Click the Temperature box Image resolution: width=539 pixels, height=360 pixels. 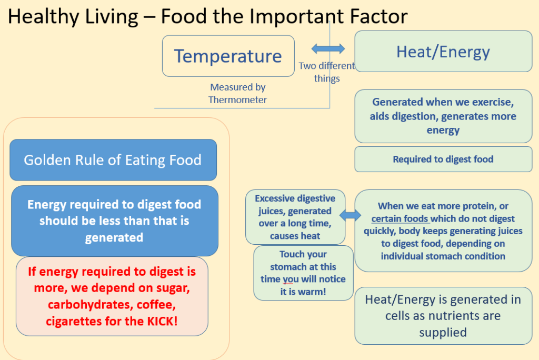point(228,56)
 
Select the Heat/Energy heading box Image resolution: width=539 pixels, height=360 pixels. point(443,51)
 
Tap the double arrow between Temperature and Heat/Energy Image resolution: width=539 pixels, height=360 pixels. point(328,48)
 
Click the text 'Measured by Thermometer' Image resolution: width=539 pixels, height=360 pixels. point(237,94)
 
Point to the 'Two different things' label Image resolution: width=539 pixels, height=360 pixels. point(326,72)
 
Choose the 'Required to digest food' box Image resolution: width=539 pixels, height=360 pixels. point(443,159)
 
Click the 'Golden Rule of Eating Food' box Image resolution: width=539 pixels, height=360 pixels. point(113,160)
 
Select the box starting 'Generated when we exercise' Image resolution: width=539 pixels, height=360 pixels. point(443,116)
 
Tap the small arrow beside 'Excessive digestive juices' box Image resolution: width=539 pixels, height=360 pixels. point(350,216)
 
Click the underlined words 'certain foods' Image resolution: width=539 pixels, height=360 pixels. point(400,218)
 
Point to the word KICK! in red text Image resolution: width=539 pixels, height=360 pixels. point(162,321)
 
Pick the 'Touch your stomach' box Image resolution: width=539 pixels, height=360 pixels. point(304,273)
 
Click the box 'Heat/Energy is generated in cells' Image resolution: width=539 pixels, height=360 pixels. point(443,316)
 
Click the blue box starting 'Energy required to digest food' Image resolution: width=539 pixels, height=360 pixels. point(115,221)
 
